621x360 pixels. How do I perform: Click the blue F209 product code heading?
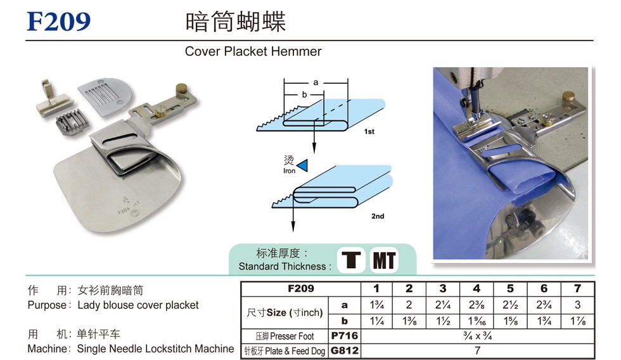click(x=58, y=22)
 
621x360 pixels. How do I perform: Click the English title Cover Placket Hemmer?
click(x=253, y=51)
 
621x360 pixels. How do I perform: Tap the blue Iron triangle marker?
click(x=303, y=165)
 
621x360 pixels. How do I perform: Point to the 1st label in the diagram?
click(x=369, y=131)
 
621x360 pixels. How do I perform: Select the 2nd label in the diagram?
click(x=378, y=216)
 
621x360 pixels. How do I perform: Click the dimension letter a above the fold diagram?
click(x=316, y=82)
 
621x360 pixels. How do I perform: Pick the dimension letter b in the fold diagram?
click(x=304, y=94)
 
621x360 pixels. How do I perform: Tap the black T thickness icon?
click(x=351, y=260)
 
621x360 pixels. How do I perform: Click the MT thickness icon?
click(x=384, y=260)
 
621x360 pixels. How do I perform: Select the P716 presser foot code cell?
click(x=345, y=336)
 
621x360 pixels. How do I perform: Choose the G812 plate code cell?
click(x=345, y=350)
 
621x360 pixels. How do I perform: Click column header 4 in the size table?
click(x=477, y=289)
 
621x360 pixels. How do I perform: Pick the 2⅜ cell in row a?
click(x=477, y=305)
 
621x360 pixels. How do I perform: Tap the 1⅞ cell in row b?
click(x=578, y=321)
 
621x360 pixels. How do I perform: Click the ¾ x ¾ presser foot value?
click(x=477, y=336)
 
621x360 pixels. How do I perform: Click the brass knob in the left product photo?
click(x=182, y=87)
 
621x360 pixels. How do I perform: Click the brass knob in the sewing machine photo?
click(x=569, y=96)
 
